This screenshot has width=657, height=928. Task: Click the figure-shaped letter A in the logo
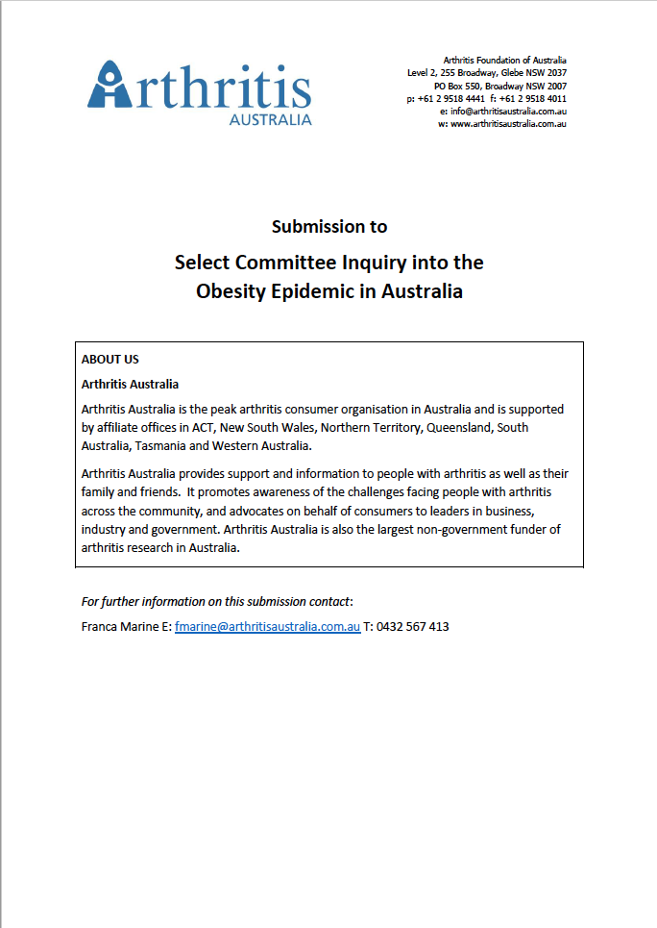(109, 84)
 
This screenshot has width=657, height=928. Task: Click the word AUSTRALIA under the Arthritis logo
(270, 119)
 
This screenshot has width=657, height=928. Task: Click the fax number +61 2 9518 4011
(532, 99)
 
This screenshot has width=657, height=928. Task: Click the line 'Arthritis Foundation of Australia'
(504, 61)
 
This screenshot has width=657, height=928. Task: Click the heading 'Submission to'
(329, 227)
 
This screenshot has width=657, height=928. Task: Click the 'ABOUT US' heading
(110, 360)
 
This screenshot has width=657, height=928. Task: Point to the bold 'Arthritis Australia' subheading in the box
(130, 385)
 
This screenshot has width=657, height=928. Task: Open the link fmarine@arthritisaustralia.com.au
(267, 626)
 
